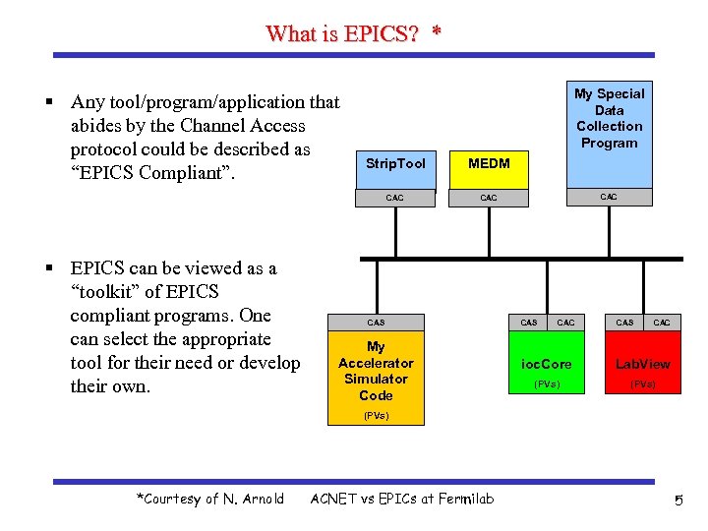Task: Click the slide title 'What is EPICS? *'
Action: [353, 33]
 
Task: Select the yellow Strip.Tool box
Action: [394, 163]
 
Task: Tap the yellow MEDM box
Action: [489, 163]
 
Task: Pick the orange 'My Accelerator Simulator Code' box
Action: [376, 371]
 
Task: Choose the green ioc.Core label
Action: [546, 364]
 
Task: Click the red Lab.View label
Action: [642, 364]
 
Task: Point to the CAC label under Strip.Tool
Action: [394, 198]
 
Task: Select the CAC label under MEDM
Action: [489, 198]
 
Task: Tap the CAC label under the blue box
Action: [609, 197]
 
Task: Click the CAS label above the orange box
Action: [376, 323]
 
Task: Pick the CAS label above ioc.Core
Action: [529, 323]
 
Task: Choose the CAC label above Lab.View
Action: [662, 323]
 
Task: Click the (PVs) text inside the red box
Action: [642, 384]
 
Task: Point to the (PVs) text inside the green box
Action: [546, 384]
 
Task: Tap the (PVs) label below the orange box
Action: [376, 416]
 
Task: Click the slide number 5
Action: [678, 501]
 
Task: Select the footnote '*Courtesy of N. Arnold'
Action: [210, 500]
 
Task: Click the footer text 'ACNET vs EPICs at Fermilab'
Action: [402, 500]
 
